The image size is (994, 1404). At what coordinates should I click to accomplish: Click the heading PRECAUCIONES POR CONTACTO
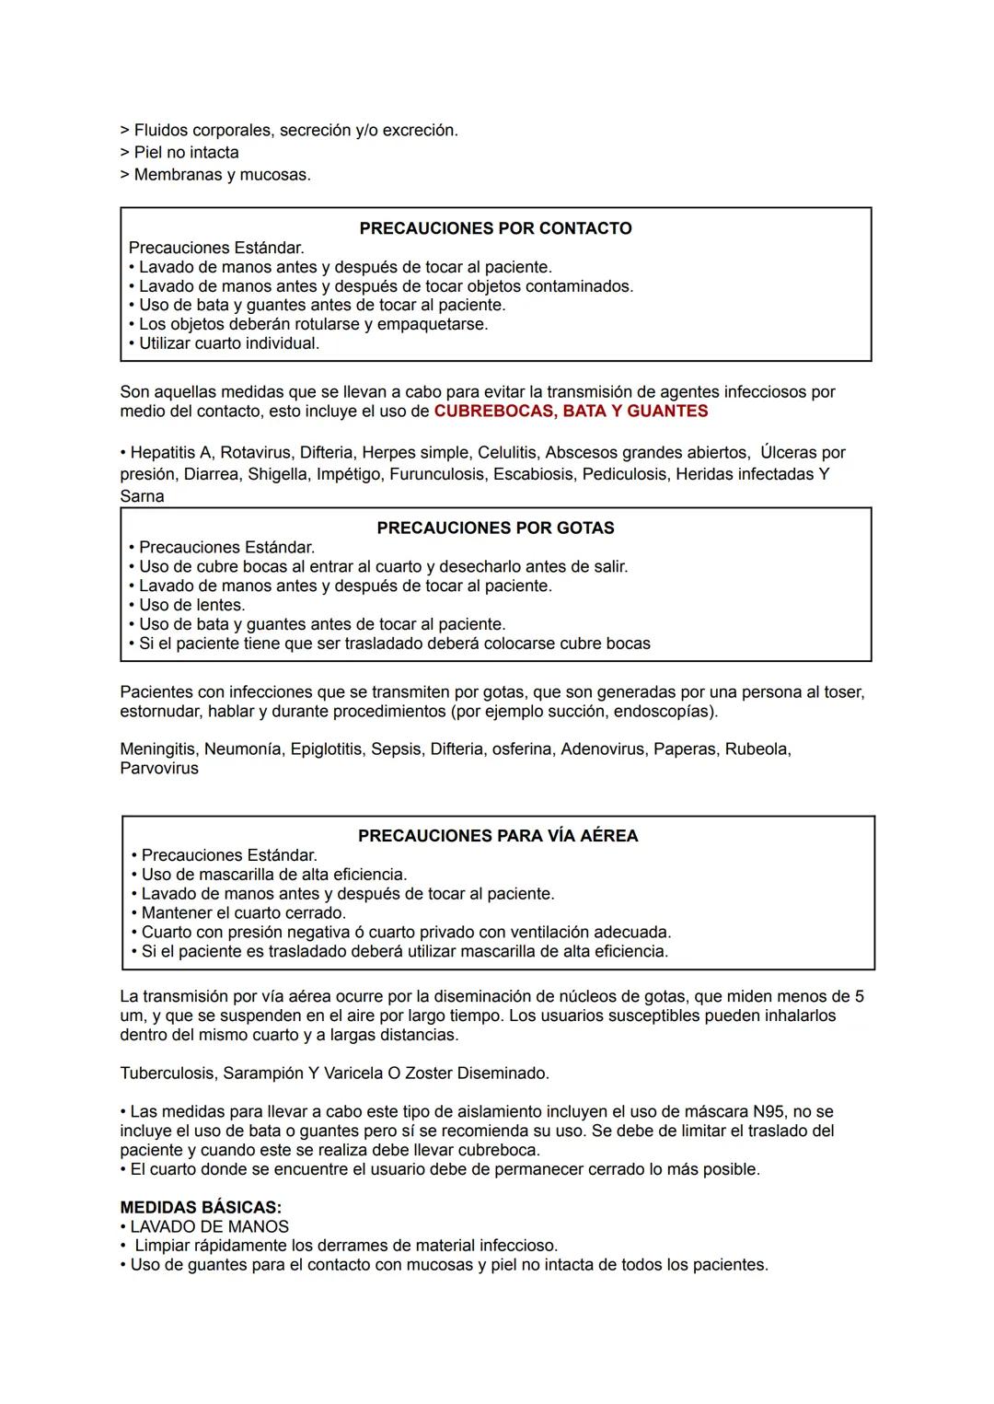(495, 228)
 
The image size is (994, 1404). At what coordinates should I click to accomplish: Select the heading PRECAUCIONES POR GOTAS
(495, 528)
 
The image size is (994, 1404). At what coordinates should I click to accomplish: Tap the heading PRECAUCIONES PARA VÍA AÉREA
(497, 836)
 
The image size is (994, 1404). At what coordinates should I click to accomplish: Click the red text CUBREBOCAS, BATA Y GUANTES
(571, 412)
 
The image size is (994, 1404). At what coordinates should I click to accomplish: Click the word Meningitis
(158, 749)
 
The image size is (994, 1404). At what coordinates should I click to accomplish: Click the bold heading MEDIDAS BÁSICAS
(201, 1207)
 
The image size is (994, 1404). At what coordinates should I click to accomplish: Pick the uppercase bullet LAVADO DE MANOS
(209, 1226)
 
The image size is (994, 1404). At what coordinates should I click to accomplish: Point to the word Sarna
(142, 496)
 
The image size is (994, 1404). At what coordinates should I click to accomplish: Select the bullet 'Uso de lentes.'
(191, 605)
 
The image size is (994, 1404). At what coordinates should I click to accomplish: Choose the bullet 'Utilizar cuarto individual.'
(228, 343)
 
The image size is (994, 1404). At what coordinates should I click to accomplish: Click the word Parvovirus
(159, 769)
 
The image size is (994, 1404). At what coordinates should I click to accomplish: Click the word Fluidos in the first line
(160, 131)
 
